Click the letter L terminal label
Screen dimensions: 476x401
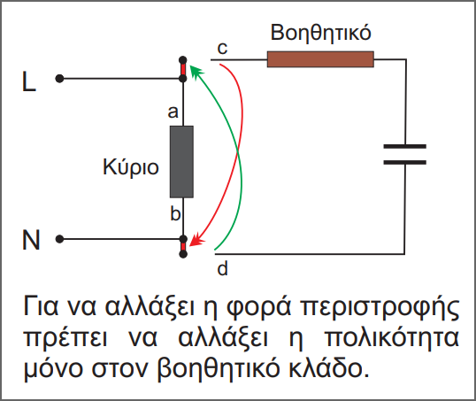[x=29, y=81]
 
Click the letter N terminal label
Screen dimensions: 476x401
[x=31, y=240]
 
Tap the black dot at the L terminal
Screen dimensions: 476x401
[x=59, y=79]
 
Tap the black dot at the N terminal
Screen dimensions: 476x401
[x=59, y=239]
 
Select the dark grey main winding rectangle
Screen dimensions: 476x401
[x=181, y=162]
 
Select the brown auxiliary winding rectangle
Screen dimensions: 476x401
[x=320, y=59]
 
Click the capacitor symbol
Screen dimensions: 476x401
[x=404, y=154]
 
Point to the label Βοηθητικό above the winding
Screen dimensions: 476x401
[x=320, y=33]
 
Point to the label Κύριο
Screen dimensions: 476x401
[x=131, y=167]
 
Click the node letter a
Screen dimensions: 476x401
[x=173, y=112]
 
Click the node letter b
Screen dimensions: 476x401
[x=175, y=213]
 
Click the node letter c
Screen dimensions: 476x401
[x=222, y=49]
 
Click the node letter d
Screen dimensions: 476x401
[x=223, y=268]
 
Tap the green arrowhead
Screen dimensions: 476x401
[x=196, y=71]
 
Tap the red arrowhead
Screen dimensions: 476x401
[x=196, y=240]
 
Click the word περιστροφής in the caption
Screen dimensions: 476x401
[x=380, y=307]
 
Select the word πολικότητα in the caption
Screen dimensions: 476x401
[x=392, y=338]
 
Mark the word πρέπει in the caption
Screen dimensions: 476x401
[x=65, y=339]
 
